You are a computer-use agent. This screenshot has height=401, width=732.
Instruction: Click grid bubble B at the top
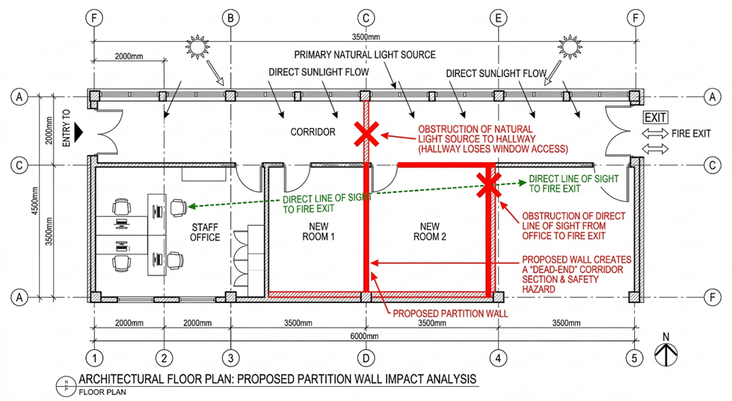(230, 18)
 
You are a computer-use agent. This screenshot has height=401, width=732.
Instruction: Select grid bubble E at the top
(498, 18)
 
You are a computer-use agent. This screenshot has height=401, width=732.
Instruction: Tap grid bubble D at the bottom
(366, 358)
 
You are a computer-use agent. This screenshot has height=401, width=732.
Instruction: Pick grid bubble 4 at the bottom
(498, 358)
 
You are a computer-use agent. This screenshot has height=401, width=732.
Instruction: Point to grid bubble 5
(634, 358)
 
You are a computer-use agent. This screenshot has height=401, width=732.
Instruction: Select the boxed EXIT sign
(656, 117)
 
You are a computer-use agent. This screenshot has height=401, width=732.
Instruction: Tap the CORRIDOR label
(313, 132)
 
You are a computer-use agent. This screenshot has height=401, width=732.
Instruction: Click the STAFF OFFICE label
(205, 232)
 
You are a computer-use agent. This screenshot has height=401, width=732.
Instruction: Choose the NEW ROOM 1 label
(319, 232)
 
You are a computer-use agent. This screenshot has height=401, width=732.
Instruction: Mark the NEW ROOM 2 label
(429, 232)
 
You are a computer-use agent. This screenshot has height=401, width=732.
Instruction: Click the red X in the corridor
(366, 135)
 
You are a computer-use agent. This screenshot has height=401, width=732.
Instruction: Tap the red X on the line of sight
(489, 184)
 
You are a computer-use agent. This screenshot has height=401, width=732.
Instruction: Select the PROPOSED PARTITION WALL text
(450, 313)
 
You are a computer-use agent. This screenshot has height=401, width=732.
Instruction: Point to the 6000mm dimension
(364, 336)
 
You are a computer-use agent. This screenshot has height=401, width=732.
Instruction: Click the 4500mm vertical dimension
(35, 201)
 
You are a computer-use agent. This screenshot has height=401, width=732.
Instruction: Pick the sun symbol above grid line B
(197, 46)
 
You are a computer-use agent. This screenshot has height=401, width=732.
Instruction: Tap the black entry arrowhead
(79, 132)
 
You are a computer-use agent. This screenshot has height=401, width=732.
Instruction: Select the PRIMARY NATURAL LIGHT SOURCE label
(365, 55)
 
